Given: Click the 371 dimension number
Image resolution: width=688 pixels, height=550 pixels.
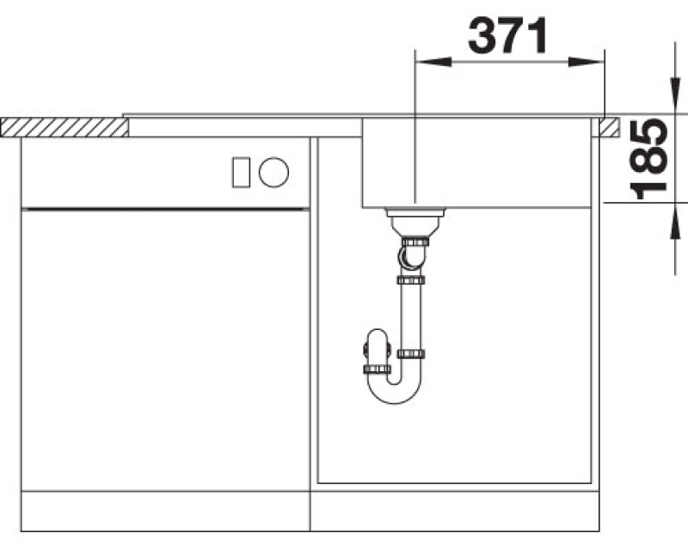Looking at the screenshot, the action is click(x=507, y=35).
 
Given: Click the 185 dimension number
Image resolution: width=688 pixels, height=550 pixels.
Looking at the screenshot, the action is click(x=649, y=159).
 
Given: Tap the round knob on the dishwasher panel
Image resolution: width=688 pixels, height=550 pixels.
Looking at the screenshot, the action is click(x=273, y=172).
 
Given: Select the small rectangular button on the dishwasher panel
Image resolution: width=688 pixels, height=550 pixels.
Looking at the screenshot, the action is click(x=241, y=173).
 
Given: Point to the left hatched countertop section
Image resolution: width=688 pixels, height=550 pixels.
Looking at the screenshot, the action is click(x=64, y=127).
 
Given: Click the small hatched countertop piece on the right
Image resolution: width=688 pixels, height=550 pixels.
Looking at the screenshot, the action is click(x=609, y=127).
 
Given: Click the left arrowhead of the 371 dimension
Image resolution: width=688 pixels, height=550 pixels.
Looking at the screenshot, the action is click(x=433, y=62).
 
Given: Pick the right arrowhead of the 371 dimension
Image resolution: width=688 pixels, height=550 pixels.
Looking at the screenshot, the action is click(x=587, y=62).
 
